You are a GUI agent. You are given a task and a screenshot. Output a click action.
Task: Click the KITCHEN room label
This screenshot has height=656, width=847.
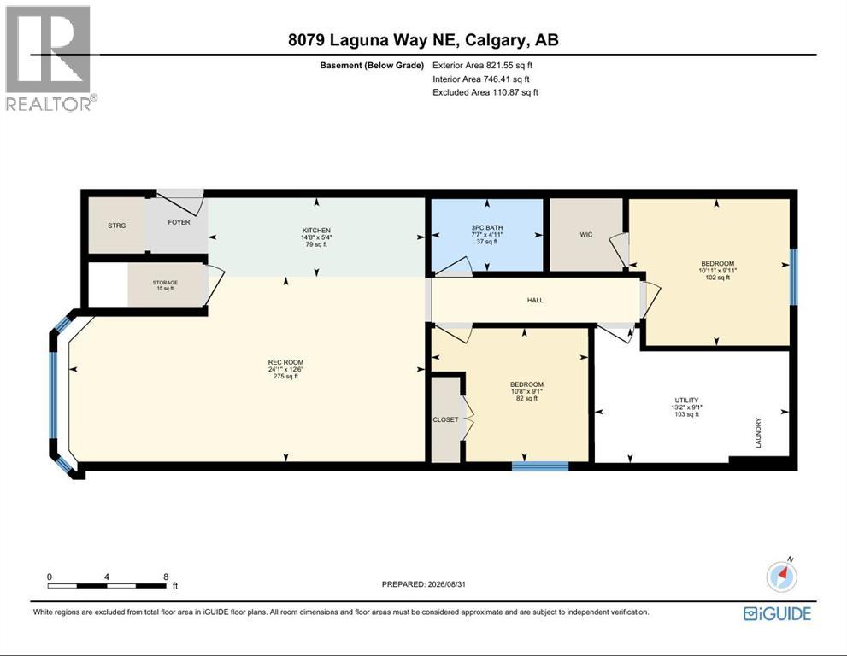pos(316,237)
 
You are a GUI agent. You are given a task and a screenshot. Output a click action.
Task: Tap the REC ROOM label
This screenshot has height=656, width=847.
pos(285,369)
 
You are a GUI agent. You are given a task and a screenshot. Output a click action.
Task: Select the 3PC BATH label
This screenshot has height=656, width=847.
pos(486,235)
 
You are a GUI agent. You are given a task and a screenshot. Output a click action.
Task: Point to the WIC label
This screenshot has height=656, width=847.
pos(586,235)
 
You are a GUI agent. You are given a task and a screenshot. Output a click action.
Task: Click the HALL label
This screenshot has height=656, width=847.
pos(535,300)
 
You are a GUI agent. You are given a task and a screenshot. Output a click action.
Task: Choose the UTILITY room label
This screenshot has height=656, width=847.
pos(686,407)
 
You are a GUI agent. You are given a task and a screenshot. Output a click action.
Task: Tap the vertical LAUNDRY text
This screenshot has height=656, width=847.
pos(758,432)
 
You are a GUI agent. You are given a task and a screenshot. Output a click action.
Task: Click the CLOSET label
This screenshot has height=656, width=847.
pos(445,419)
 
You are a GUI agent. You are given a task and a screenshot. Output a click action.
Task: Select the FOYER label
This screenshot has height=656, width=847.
pos(179,222)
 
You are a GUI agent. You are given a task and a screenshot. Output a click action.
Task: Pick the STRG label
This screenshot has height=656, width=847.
pos(117,225)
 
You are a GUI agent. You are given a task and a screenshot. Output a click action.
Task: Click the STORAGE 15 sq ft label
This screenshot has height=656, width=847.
pos(165,285)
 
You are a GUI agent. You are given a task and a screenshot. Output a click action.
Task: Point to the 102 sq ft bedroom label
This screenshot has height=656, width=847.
pos(717,271)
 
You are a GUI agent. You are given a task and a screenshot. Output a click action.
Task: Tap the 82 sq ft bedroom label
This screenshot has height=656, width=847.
pos(526,391)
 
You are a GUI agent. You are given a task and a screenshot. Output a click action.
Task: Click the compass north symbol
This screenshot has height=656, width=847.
pos(782,576)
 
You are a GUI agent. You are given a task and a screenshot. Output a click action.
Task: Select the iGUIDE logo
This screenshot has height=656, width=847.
pos(777,614)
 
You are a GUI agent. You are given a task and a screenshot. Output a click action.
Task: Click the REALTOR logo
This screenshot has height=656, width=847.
pos(51,58)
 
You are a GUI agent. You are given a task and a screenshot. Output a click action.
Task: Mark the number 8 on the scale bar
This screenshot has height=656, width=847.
pos(166,577)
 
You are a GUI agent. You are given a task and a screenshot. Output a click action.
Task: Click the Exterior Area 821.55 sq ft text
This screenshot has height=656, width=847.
pos(482,65)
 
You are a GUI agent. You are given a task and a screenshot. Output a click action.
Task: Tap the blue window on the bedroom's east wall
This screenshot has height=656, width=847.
pos(793,277)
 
